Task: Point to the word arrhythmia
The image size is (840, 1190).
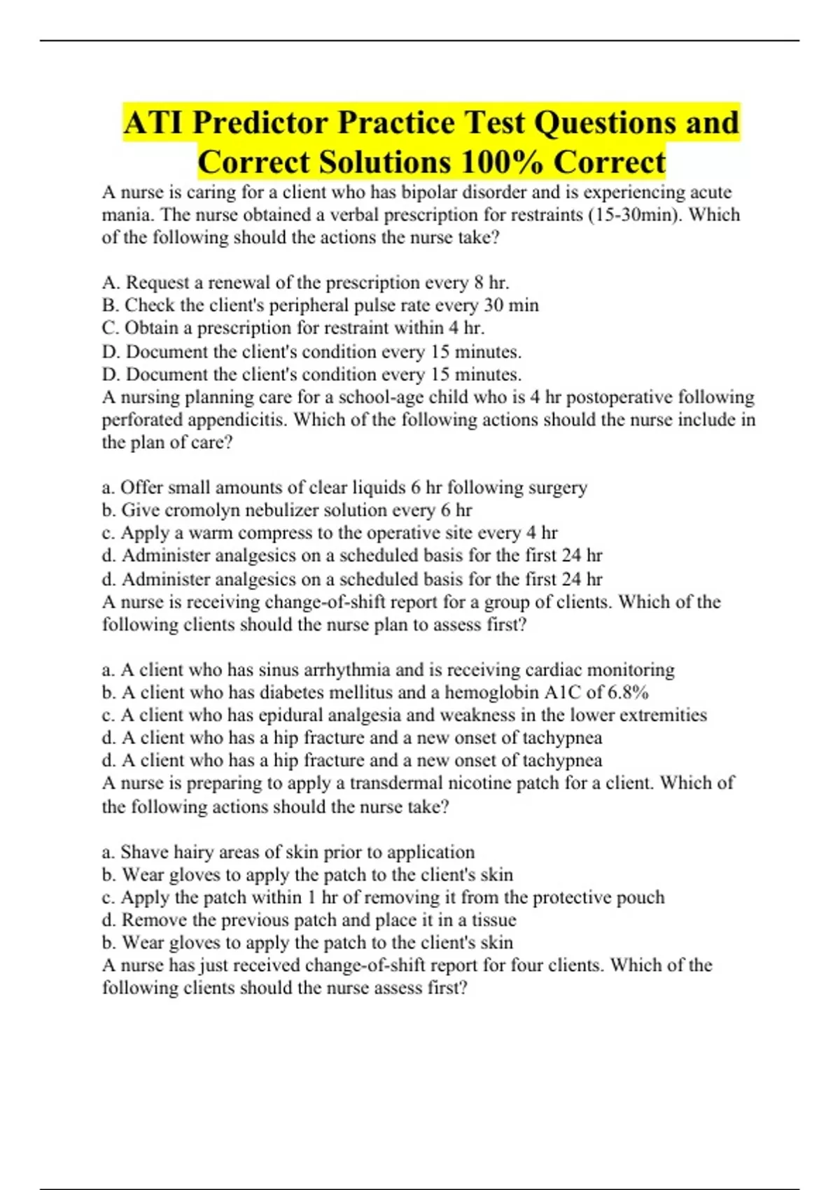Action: [346, 670]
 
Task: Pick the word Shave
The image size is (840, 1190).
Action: [144, 852]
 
